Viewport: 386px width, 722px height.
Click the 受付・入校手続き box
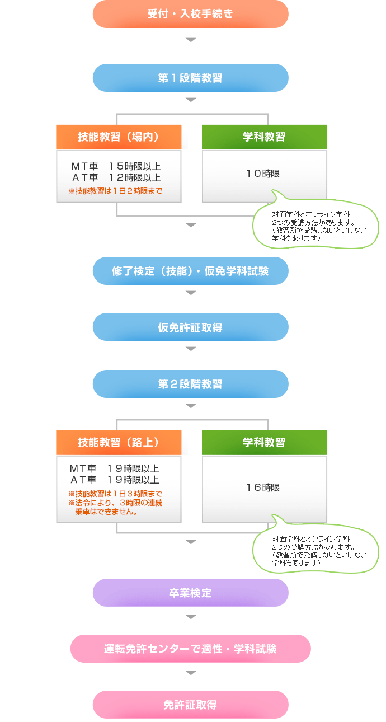point(190,14)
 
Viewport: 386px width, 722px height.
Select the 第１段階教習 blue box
point(190,78)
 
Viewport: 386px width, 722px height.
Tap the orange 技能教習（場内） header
point(119,137)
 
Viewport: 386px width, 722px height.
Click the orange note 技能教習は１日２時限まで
point(115,191)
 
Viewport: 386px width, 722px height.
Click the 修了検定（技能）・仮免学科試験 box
point(190,271)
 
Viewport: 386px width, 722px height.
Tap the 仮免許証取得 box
point(190,327)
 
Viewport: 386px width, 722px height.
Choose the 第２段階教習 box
point(190,384)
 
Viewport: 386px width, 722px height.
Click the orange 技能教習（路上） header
point(119,443)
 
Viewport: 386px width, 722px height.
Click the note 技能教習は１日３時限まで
point(115,494)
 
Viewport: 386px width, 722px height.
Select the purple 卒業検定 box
point(190,593)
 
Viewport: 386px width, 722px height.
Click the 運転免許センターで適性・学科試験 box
point(190,649)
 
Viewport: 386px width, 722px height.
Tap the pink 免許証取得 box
point(190,705)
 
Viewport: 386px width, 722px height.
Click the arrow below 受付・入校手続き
point(191,40)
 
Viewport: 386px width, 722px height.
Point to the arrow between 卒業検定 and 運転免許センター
point(191,617)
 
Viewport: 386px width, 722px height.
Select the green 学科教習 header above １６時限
point(264,443)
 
